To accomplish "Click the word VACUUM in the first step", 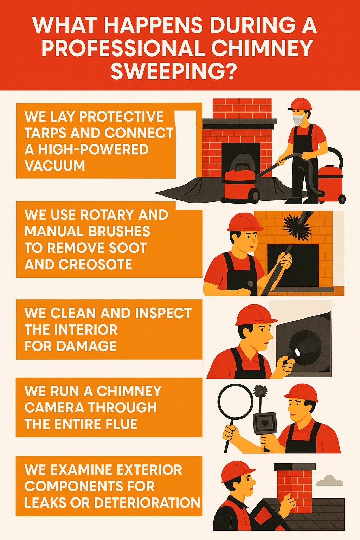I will click(55, 165).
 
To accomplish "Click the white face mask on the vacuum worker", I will click(298, 118).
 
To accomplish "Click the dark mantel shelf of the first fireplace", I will click(239, 122).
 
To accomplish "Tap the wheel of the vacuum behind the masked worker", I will click(341, 199).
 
